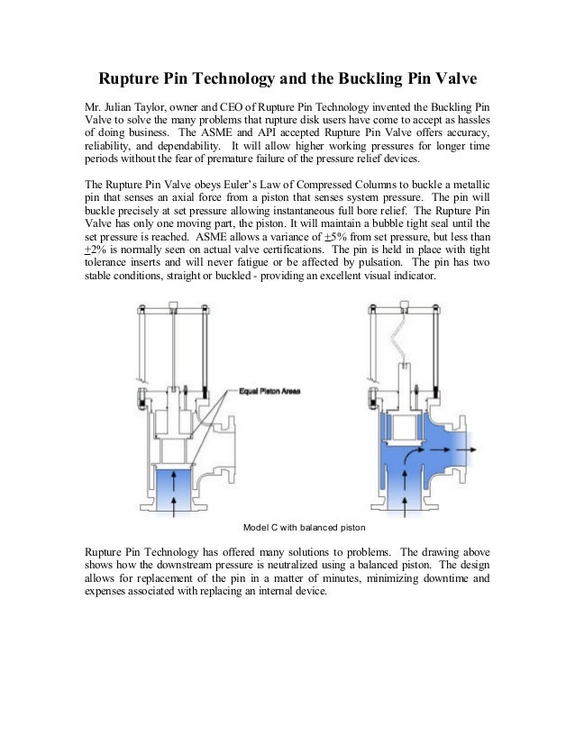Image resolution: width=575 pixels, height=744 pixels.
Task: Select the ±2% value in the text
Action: [x=92, y=249]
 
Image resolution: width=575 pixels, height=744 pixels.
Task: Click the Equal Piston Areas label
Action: [x=269, y=391]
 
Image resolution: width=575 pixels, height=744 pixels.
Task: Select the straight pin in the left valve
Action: [x=170, y=347]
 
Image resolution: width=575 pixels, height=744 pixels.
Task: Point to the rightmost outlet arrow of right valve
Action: [x=477, y=448]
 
